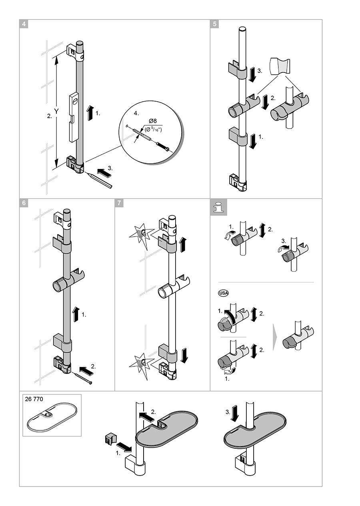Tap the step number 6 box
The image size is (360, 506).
pos(24,203)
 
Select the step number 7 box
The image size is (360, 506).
pos(120,203)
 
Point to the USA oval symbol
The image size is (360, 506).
pos(222,293)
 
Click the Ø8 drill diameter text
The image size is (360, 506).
pos(152,121)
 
